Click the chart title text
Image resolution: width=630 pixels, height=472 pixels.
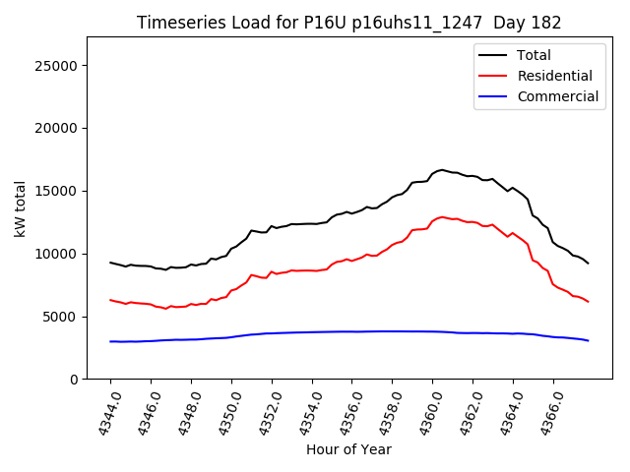click(347, 23)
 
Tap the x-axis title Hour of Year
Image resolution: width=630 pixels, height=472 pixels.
click(347, 449)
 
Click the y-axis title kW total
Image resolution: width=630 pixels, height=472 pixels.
click(21, 207)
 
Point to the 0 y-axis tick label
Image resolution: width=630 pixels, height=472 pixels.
click(75, 380)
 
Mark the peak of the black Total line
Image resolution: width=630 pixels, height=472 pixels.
click(442, 170)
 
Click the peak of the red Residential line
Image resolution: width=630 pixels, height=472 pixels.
click(442, 216)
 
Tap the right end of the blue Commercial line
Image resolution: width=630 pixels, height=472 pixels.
click(588, 340)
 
